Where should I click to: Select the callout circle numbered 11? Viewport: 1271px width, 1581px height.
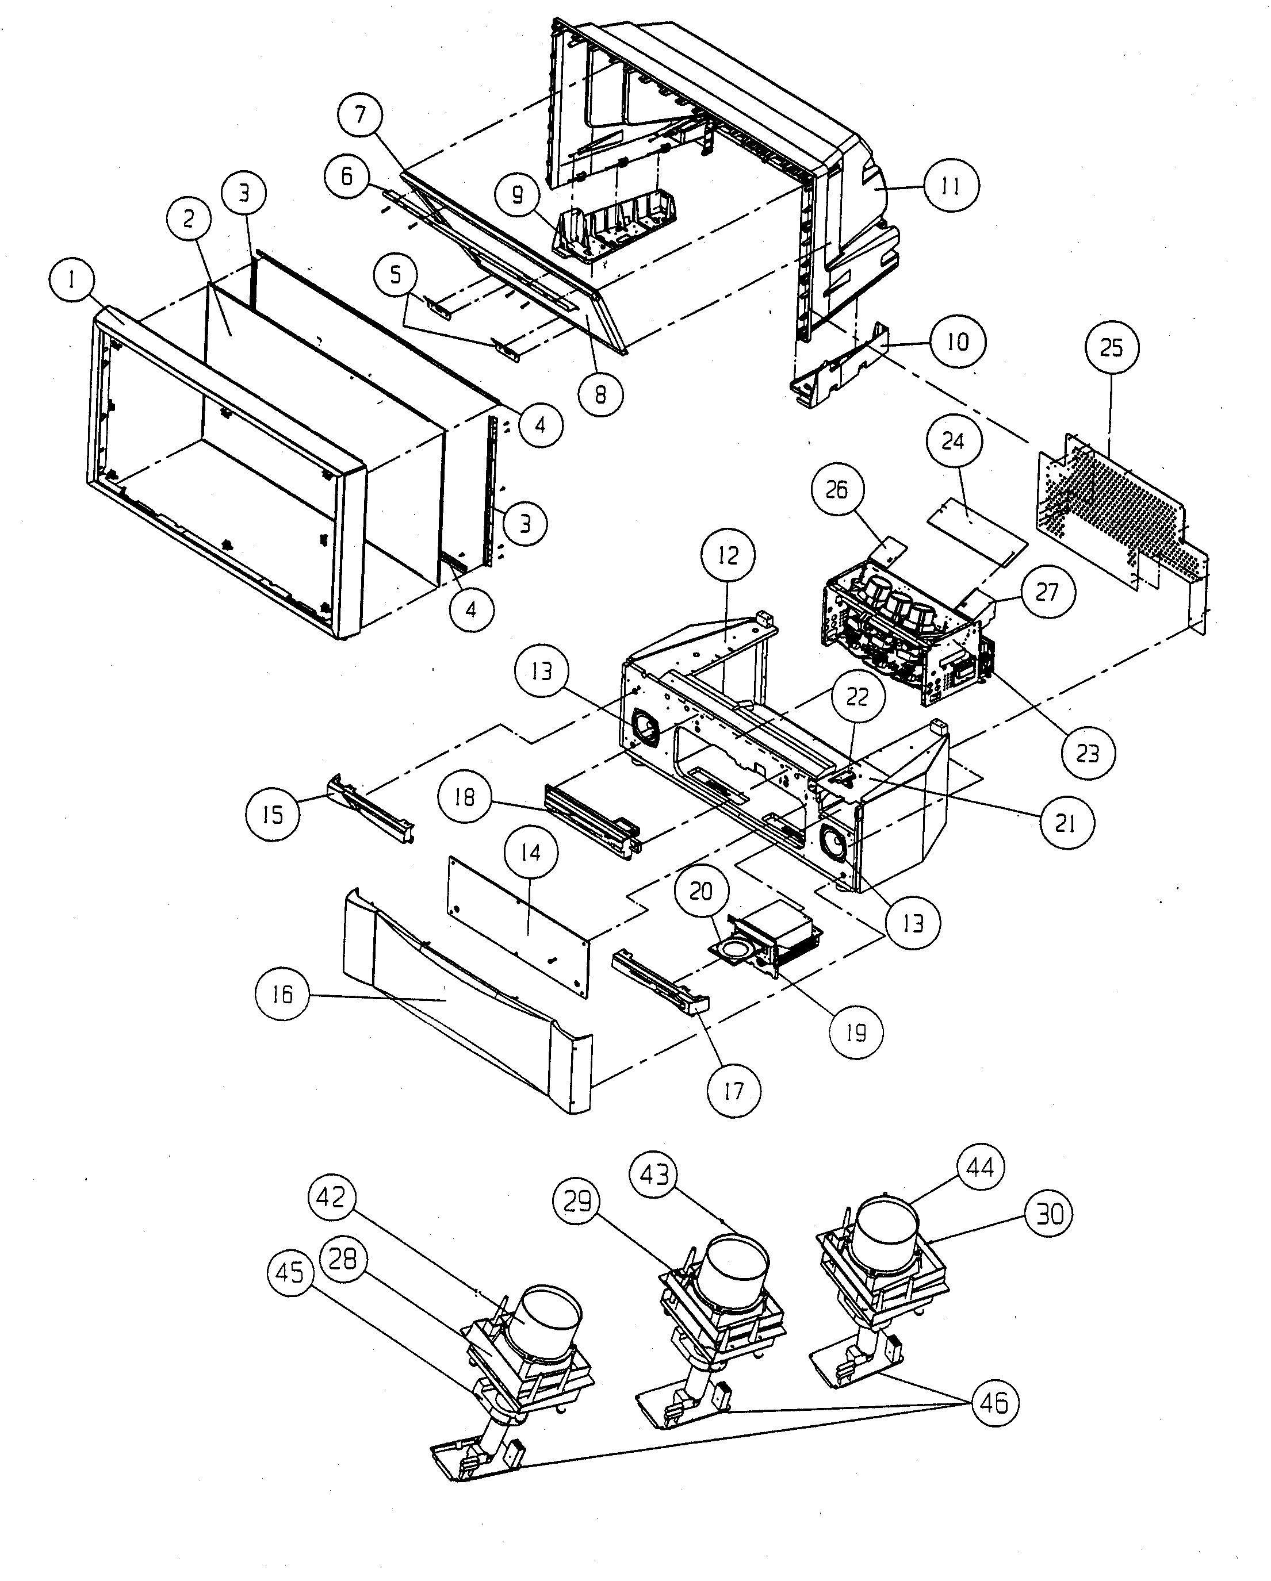coord(951,186)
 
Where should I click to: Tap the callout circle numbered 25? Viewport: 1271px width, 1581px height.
coord(1111,348)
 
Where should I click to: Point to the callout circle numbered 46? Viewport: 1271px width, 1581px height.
coord(994,1403)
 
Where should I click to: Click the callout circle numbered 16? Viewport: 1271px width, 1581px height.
coord(282,995)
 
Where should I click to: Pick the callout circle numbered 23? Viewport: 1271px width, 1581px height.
coord(1088,753)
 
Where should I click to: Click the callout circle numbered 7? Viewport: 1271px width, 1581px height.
coord(360,114)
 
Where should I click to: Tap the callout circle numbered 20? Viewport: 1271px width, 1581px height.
coord(701,892)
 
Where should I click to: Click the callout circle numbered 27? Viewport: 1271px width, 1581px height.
coord(1047,592)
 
